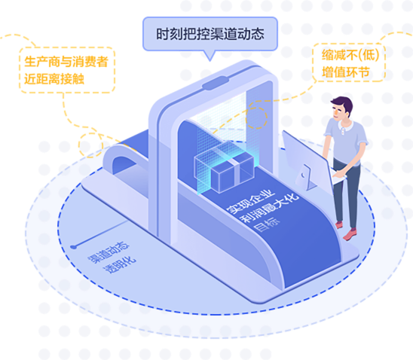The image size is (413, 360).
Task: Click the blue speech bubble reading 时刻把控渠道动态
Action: (210, 34)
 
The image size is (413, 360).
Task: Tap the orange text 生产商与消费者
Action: (66, 62)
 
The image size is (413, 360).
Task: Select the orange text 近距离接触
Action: (54, 78)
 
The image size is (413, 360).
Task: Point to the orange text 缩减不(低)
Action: (350, 55)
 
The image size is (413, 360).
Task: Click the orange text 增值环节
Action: (345, 72)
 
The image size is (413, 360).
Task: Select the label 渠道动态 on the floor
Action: (109, 252)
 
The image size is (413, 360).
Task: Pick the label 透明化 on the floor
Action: (120, 264)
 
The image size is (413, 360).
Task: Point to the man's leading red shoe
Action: (350, 234)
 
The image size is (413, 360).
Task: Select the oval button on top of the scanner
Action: (216, 83)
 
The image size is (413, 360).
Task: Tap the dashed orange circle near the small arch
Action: (90, 145)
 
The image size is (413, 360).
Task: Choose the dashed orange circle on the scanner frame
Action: (256, 117)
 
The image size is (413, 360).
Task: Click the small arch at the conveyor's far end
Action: (122, 159)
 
